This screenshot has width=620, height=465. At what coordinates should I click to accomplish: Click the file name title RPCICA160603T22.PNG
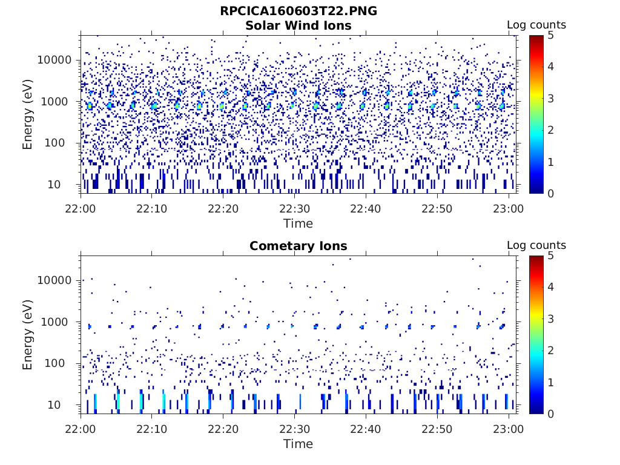(x=298, y=11)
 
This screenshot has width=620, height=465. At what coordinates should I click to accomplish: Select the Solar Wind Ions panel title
(x=298, y=25)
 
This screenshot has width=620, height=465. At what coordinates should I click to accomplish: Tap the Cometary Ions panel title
(x=298, y=246)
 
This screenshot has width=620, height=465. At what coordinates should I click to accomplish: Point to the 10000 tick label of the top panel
(x=55, y=61)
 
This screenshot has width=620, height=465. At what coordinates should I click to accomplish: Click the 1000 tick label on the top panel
(x=58, y=102)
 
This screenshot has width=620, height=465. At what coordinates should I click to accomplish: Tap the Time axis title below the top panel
(x=298, y=223)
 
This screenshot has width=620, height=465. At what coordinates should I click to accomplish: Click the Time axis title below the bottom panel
(x=298, y=444)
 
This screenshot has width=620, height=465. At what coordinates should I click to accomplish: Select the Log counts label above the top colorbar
(x=536, y=25)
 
